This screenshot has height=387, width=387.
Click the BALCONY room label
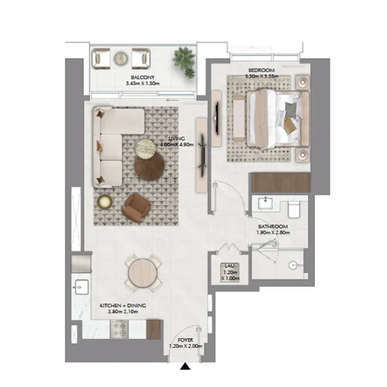tap(143, 77)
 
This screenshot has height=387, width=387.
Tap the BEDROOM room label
tap(262, 71)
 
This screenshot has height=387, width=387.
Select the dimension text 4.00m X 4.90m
tap(177, 145)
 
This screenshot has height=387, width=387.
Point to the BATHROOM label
tap(273, 226)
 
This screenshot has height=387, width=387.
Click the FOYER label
tap(185, 340)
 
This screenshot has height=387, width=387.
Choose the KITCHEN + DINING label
tap(123, 305)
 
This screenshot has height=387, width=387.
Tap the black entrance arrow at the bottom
tap(185, 366)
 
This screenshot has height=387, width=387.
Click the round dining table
tap(143, 273)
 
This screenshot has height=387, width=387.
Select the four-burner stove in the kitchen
tap(119, 330)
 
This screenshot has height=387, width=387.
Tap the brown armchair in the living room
tap(136, 208)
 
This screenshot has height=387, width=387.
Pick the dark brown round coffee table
tap(149, 165)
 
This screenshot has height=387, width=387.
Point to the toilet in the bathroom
tap(294, 210)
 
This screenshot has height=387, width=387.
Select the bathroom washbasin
tap(266, 203)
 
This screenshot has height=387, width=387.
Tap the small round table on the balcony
tap(121, 59)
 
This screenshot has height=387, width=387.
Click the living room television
tap(203, 156)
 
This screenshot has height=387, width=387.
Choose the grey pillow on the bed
tap(291, 108)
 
